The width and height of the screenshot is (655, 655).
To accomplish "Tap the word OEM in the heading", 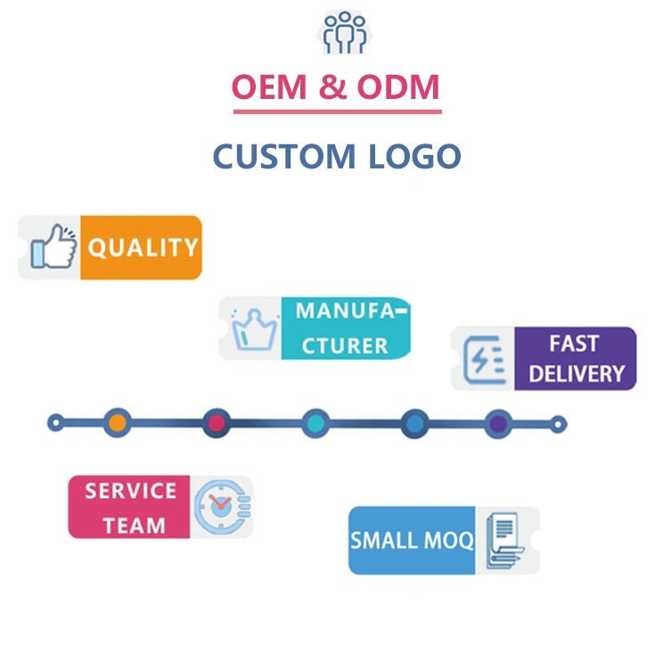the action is [x=266, y=87].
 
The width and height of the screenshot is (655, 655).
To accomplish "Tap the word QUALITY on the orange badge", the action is [x=143, y=247].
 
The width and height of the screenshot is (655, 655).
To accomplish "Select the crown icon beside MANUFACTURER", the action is [x=251, y=330].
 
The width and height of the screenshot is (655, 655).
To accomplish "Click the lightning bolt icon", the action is [x=485, y=359].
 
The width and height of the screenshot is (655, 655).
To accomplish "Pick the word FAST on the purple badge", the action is [x=574, y=344].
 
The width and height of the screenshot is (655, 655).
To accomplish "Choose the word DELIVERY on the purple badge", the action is [x=576, y=373].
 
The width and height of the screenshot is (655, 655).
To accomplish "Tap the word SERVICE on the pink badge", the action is [x=131, y=491].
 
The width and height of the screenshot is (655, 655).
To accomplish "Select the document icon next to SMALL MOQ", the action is [x=504, y=540].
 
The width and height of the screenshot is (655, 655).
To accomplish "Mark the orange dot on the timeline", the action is [x=117, y=422].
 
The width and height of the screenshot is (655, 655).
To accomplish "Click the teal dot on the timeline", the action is [x=315, y=422].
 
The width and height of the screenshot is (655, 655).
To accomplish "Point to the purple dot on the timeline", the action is [x=498, y=422].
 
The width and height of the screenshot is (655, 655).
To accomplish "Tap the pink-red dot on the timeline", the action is [x=216, y=422].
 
